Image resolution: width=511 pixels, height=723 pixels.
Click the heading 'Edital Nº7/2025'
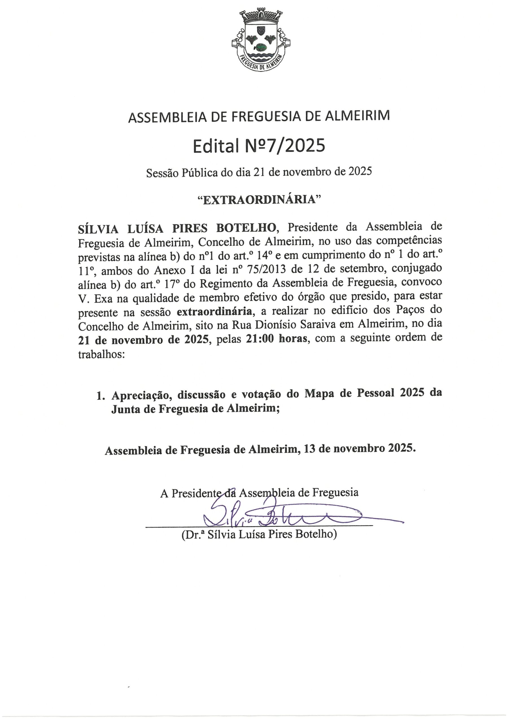[x=259, y=146]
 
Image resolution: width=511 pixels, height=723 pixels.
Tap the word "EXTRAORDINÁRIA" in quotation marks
[x=259, y=200]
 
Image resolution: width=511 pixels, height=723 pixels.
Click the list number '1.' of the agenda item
[x=101, y=396]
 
